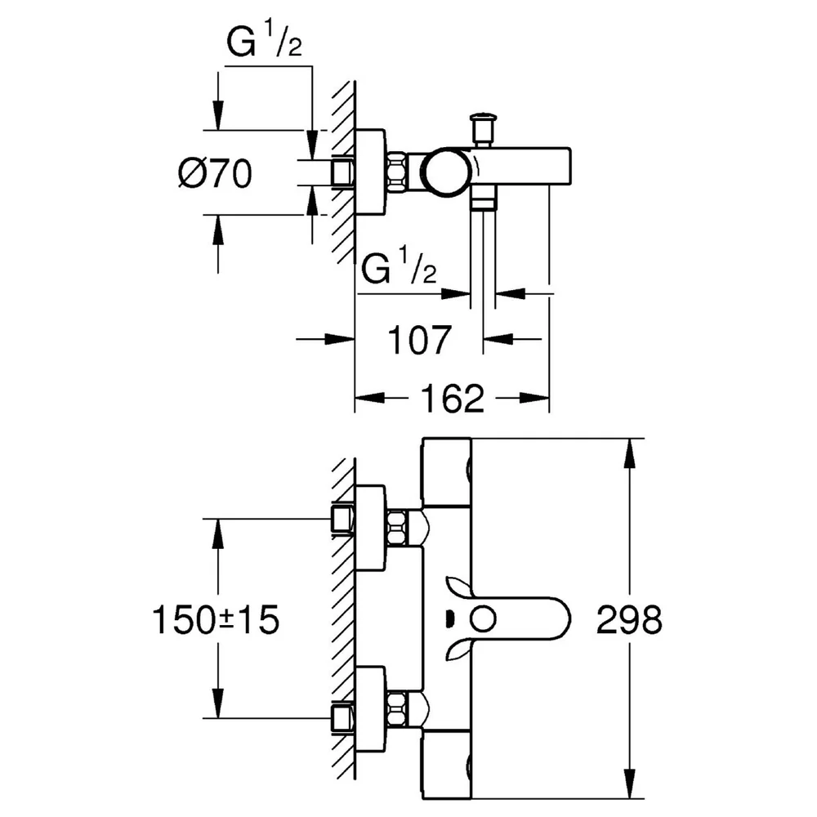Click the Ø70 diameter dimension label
click(x=215, y=173)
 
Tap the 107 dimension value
click(x=419, y=340)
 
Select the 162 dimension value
click(x=453, y=399)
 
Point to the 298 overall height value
click(x=629, y=619)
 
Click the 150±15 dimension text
click(x=216, y=619)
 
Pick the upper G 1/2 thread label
click(x=264, y=41)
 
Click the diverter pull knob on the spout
click(x=483, y=127)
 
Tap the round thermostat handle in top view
click(x=449, y=172)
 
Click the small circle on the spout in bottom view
click(x=483, y=620)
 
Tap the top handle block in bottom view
click(x=447, y=472)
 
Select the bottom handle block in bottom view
click(x=447, y=765)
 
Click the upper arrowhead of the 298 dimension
click(x=629, y=453)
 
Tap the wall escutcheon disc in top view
click(x=370, y=172)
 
